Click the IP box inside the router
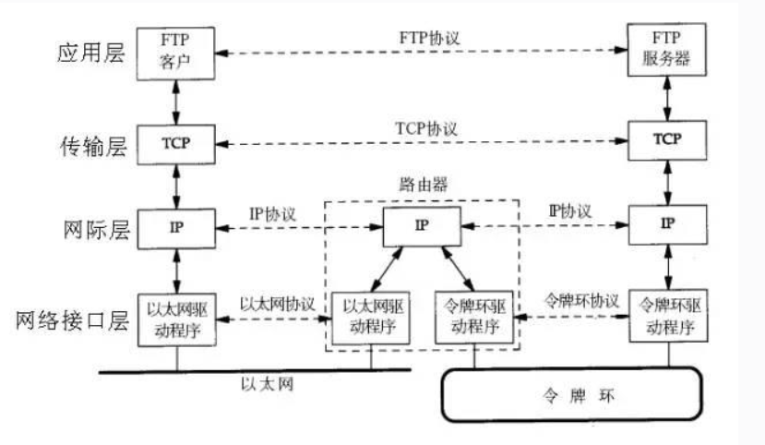421,225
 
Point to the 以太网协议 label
277,304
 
